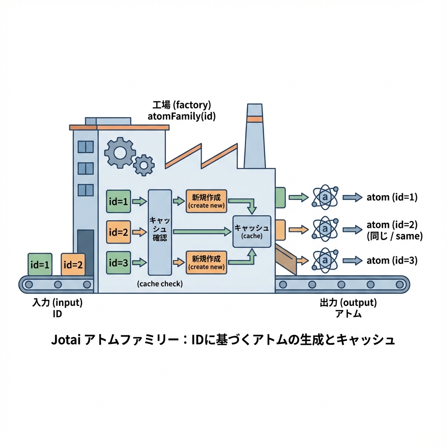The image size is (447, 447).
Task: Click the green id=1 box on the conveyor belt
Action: click(x=40, y=265)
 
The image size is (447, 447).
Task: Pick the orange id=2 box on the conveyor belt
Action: click(x=73, y=265)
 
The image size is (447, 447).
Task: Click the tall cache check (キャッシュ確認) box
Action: click(x=160, y=232)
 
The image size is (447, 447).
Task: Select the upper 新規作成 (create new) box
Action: click(x=206, y=201)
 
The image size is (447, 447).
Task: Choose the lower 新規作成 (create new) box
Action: click(x=206, y=262)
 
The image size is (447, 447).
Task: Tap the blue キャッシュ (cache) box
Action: click(x=252, y=231)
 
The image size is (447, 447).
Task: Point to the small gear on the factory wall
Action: click(x=144, y=165)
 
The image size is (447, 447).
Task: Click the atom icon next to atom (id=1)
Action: click(x=324, y=197)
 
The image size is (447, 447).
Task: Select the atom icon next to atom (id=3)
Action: click(x=324, y=261)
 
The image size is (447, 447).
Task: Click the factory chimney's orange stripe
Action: click(x=254, y=120)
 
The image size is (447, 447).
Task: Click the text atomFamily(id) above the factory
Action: click(x=182, y=117)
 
